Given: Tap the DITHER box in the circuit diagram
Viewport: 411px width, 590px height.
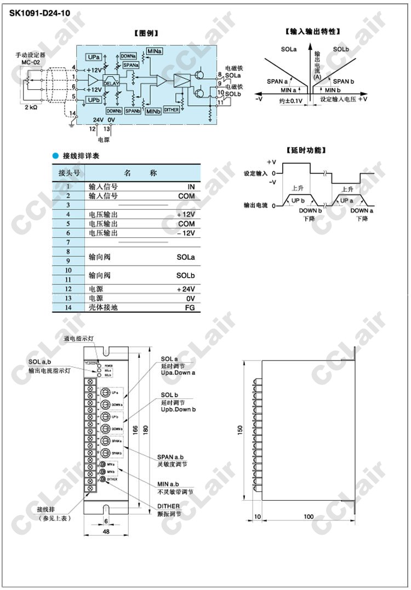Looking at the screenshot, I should tap(171, 110).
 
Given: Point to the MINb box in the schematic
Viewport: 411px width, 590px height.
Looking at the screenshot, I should tap(153, 111).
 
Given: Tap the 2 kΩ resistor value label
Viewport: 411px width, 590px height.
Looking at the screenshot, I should tap(31, 108).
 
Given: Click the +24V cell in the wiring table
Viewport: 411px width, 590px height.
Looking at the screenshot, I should tap(186, 289).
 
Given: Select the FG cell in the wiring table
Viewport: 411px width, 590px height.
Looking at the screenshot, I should tap(190, 307).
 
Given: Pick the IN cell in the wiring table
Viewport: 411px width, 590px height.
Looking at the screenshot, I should tap(191, 187).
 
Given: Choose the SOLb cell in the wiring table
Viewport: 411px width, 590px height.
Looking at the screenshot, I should tap(186, 275).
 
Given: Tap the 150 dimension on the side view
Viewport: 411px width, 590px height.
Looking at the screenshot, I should tap(240, 431).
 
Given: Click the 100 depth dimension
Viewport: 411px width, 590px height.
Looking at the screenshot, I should tap(309, 517).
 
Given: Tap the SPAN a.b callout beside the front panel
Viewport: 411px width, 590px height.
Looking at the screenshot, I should tap(172, 456).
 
